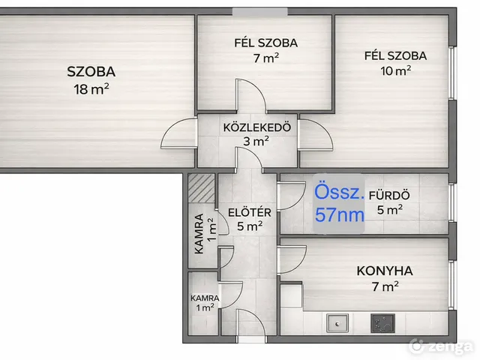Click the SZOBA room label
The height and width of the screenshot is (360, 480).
pyautogui.click(x=91, y=72)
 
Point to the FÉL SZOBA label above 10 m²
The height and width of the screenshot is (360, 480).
pyautogui.click(x=395, y=55)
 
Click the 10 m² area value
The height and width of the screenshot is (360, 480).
pyautogui.click(x=395, y=73)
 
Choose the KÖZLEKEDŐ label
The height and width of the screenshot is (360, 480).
pyautogui.click(x=256, y=127)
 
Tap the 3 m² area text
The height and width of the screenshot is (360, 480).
pyautogui.click(x=256, y=141)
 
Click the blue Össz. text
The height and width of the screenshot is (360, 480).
pyautogui.click(x=340, y=193)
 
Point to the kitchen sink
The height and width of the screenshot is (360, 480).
pyautogui.click(x=337, y=324)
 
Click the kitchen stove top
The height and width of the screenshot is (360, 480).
pyautogui.click(x=383, y=324)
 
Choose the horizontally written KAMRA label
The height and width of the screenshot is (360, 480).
pyautogui.click(x=204, y=297)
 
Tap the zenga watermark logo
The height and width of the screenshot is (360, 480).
pyautogui.click(x=442, y=346)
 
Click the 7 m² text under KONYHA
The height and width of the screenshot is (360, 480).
pyautogui.click(x=385, y=286)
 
